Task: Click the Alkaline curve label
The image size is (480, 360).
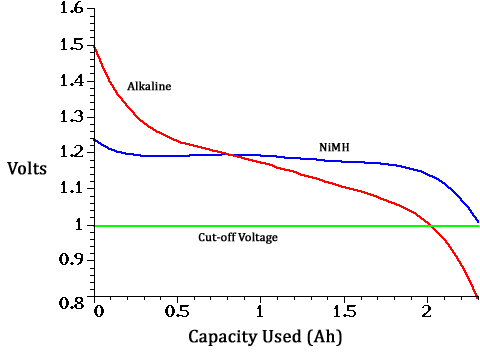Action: [149, 86]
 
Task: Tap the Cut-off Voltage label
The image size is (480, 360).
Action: [237, 238]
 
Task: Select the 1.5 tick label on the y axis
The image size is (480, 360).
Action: [71, 45]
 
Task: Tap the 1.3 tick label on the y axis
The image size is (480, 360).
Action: [71, 117]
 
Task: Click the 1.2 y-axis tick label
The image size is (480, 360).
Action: [71, 153]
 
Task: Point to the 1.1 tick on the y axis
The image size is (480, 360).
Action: [71, 188]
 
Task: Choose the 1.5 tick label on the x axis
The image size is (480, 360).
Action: [345, 311]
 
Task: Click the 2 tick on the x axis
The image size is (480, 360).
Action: [429, 311]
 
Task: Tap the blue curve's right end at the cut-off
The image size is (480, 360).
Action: [478, 222]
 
